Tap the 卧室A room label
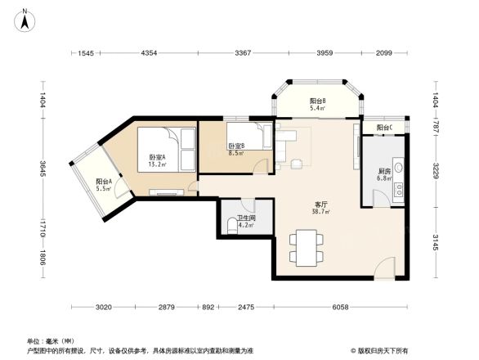pyautogui.click(x=157, y=160)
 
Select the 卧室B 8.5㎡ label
pyautogui.click(x=236, y=149)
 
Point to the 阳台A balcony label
pyautogui.click(x=104, y=185)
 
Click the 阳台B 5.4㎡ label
pyautogui.click(x=318, y=104)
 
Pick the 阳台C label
pyautogui.click(x=385, y=128)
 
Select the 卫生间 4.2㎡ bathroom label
pyautogui.click(x=245, y=222)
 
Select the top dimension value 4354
pyautogui.click(x=149, y=53)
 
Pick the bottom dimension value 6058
pyautogui.click(x=341, y=308)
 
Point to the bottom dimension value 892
pyautogui.click(x=208, y=308)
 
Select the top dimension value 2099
pyautogui.click(x=383, y=53)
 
